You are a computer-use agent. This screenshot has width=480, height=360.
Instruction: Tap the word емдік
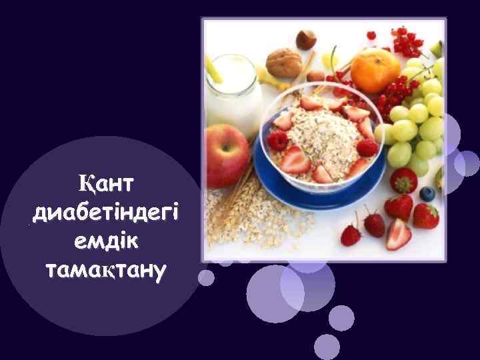pos(105,242)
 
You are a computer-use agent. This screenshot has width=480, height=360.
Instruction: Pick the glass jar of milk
pos(233,93)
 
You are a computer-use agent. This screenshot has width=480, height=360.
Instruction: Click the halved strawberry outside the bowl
pos(399,234)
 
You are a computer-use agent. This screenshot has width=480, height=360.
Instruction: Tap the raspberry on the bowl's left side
pos(277,141)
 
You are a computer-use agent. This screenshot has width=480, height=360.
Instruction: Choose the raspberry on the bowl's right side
pos(366,147)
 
